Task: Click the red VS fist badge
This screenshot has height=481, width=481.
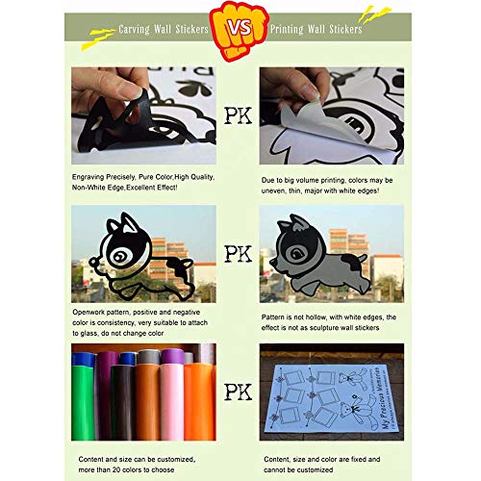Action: pos(240,30)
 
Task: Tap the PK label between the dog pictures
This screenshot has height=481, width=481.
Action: pos(240,255)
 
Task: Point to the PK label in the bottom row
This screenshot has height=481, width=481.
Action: pos(240,391)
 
